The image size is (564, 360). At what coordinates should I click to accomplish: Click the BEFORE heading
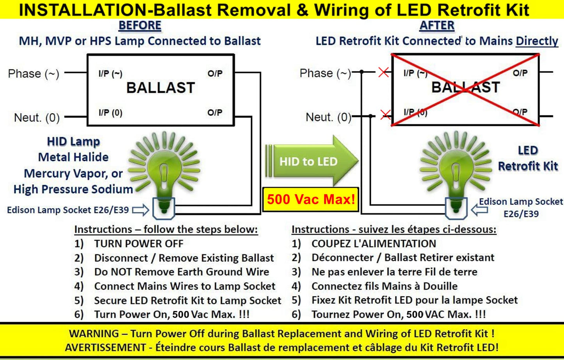(140, 26)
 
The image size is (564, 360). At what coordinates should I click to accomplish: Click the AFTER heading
(437, 26)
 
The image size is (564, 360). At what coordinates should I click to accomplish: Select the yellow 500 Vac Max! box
(311, 200)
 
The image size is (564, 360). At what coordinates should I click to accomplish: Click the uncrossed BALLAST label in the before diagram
(160, 88)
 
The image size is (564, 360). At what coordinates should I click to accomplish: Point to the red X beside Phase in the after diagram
(383, 72)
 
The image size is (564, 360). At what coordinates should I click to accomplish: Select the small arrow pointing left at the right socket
(479, 210)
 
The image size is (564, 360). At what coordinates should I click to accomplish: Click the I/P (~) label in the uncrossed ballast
(110, 74)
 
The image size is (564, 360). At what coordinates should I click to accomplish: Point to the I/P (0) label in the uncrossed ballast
(110, 113)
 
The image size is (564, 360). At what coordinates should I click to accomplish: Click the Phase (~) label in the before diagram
(34, 74)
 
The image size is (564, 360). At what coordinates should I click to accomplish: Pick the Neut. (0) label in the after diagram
(328, 117)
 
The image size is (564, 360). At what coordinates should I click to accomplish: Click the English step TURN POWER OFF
(139, 244)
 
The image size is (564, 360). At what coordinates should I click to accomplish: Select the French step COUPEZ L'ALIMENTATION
(374, 244)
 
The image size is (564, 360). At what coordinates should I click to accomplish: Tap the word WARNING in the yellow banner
(94, 334)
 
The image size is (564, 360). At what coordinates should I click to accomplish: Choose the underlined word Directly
(537, 41)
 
